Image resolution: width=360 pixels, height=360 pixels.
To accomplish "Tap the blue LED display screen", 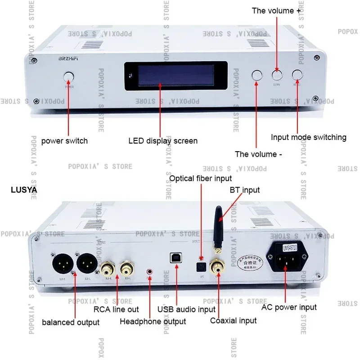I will coord(176,76).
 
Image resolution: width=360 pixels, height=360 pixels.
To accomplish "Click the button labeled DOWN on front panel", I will coord(277,75).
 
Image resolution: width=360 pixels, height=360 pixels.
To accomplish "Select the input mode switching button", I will coord(297,75).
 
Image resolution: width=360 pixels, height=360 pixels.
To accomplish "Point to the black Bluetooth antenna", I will coord(218,229).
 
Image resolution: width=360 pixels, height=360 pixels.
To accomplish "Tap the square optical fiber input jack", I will coord(201,266).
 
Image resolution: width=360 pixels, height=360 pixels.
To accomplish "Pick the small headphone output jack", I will coord(149,272).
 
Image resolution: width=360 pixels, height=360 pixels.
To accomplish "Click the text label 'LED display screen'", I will coord(163,141).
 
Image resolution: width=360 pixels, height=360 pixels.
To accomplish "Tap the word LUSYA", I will coord(24,190).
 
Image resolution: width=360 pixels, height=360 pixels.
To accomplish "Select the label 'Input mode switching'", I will coord(308,137).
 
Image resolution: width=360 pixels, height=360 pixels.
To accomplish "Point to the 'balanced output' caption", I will coord(71,322).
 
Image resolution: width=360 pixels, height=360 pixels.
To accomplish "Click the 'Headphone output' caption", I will coord(153,321).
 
